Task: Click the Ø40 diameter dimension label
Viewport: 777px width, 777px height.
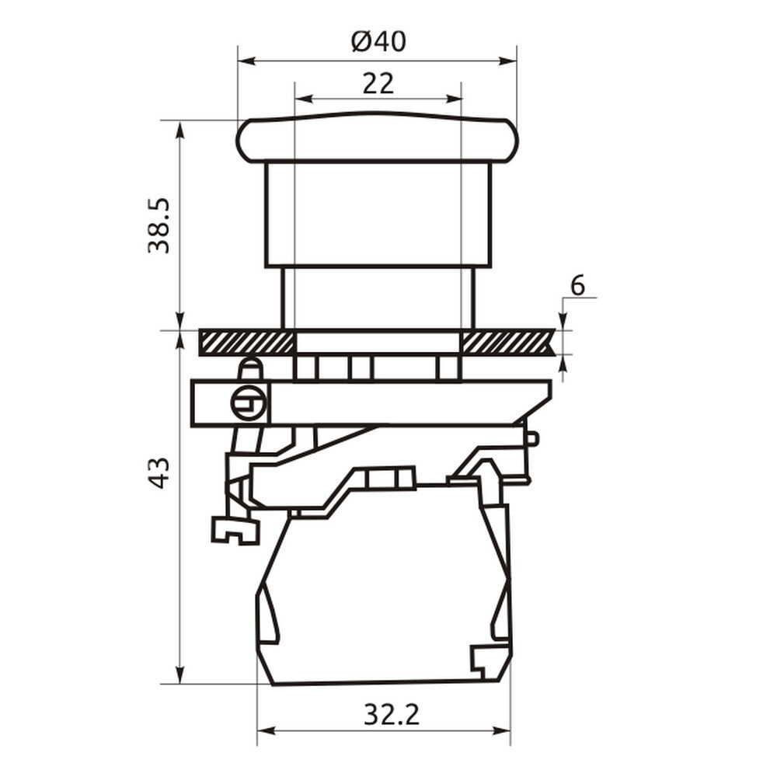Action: [378, 42]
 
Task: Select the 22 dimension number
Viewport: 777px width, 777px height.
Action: [378, 83]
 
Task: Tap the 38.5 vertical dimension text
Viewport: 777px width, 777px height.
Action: [159, 226]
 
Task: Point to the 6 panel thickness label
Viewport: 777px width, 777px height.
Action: [578, 286]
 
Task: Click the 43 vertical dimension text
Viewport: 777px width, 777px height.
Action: [159, 473]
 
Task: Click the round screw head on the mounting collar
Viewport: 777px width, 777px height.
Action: [249, 403]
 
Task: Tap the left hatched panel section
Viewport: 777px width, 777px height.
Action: [247, 343]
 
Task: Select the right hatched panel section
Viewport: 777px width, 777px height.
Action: [508, 343]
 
